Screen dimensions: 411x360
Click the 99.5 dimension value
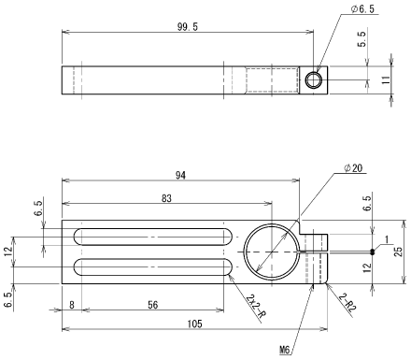click(188, 27)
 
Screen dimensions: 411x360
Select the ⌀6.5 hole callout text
click(362, 9)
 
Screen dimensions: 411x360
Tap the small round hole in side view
click(313, 80)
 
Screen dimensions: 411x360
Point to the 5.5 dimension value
click(361, 39)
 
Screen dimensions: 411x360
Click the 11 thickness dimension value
click(386, 79)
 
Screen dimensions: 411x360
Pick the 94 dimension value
click(180, 176)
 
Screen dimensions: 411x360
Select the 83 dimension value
click(166, 198)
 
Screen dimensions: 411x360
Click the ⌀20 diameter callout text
click(353, 167)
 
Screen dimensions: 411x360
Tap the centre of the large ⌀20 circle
click(272, 252)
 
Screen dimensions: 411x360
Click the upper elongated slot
click(153, 237)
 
